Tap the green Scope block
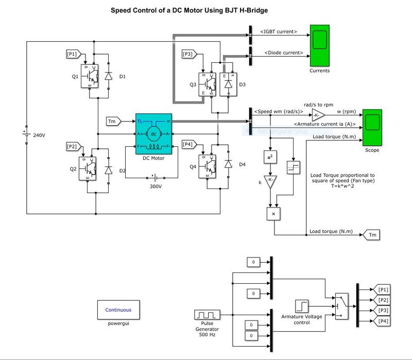[372, 127]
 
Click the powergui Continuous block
[118, 310]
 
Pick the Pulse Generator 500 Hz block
[207, 315]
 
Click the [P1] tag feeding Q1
[72, 54]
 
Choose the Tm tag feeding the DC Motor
[113, 121]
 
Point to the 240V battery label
[40, 135]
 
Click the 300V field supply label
[157, 186]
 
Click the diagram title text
[190, 10]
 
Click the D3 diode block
[227, 82]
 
